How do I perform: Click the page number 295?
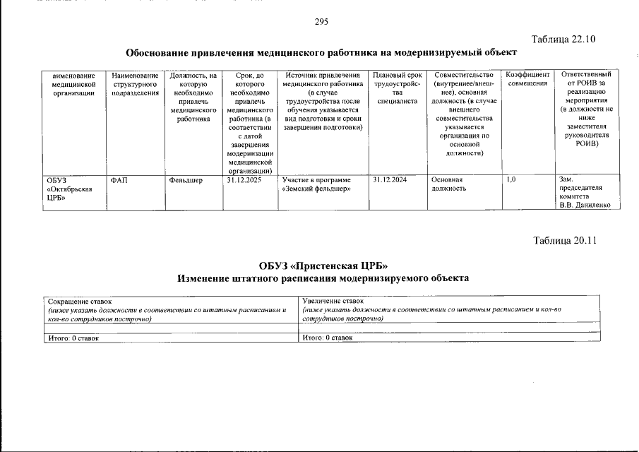point(321,21)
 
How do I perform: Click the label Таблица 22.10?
point(563,39)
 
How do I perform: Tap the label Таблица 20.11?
point(565,240)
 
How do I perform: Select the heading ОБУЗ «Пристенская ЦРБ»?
point(323,266)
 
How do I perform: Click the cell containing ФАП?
point(119,180)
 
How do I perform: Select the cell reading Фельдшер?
point(186,180)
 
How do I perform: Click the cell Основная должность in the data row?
point(449,184)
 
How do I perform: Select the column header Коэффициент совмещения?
point(527,79)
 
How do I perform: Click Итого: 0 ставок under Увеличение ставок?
point(327,338)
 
